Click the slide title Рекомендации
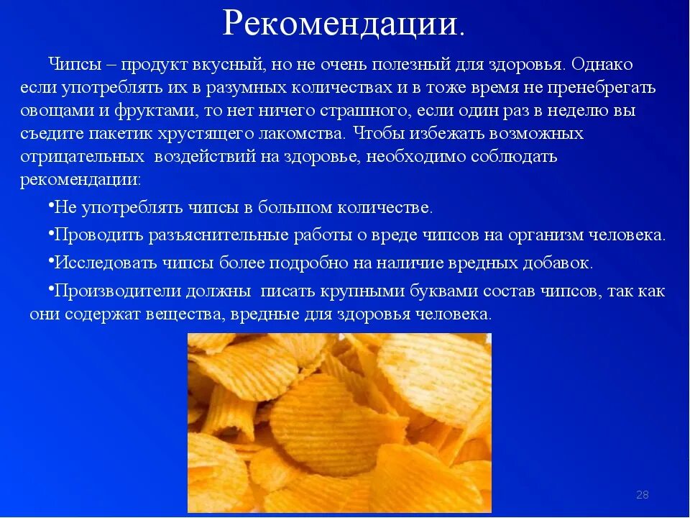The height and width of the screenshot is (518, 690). [344, 24]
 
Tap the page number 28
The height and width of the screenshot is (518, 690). [643, 494]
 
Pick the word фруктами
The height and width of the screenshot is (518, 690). [139, 112]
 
